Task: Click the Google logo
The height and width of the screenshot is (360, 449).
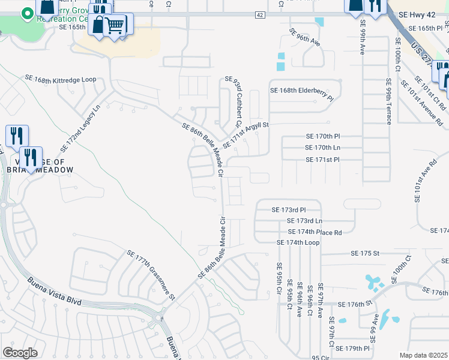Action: point(20,353)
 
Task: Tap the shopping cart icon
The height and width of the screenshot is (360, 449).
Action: point(115,25)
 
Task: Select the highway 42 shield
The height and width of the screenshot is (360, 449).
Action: point(259,14)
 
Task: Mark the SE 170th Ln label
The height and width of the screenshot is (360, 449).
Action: point(323,147)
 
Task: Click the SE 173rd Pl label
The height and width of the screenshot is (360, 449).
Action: point(289,210)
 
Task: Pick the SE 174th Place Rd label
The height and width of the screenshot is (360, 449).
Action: point(315,232)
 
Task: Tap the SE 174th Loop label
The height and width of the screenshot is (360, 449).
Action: point(298,242)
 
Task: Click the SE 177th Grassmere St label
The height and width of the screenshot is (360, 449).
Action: point(150,275)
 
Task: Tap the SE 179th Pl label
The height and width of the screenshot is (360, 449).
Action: point(354,348)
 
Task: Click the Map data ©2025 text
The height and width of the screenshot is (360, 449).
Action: point(424,355)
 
